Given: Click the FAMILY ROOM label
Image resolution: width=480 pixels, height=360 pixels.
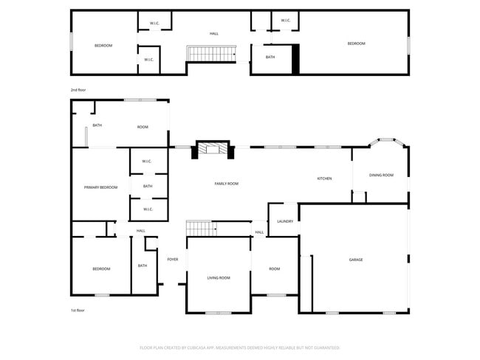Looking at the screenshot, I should click(226, 184).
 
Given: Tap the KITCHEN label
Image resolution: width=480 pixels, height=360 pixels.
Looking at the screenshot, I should click(324, 179).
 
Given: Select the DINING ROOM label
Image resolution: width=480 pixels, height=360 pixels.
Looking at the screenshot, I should click(381, 175).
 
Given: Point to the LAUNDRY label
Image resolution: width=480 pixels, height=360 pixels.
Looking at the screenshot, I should click(285, 221).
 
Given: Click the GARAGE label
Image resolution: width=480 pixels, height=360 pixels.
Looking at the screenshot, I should click(356, 260).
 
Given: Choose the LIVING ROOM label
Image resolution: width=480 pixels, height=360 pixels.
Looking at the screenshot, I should click(219, 278).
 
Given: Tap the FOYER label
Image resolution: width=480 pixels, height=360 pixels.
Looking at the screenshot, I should click(173, 260).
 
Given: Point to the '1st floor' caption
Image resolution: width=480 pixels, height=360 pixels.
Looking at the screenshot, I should click(78, 311).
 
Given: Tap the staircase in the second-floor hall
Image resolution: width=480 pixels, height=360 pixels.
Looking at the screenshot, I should click(211, 53).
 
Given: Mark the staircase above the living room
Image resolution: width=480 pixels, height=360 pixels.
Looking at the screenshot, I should click(200, 228).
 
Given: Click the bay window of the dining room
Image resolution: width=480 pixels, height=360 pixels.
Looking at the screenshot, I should click(387, 140).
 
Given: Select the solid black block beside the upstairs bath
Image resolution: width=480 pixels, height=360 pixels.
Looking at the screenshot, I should click(296, 59).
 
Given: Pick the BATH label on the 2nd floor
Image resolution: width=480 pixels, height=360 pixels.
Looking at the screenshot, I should click(270, 57).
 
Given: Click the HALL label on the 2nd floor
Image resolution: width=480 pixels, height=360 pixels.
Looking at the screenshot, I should click(214, 34).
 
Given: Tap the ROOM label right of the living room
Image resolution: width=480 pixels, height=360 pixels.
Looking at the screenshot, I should click(274, 269).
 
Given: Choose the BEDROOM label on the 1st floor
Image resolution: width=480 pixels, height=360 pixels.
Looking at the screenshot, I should click(101, 269).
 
